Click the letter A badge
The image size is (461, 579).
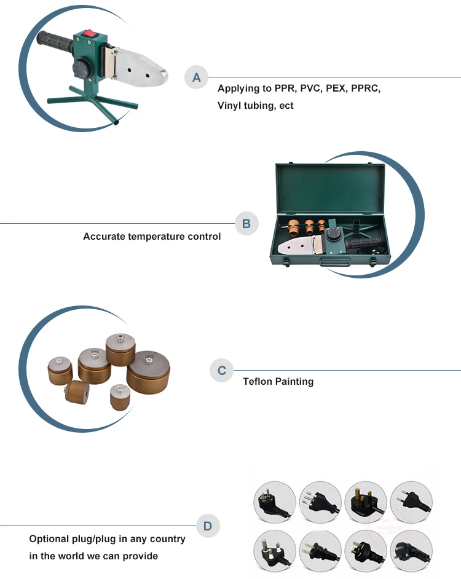197,77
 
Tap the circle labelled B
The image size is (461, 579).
246,224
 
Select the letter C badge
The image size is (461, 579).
222,371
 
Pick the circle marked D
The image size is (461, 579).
208,526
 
